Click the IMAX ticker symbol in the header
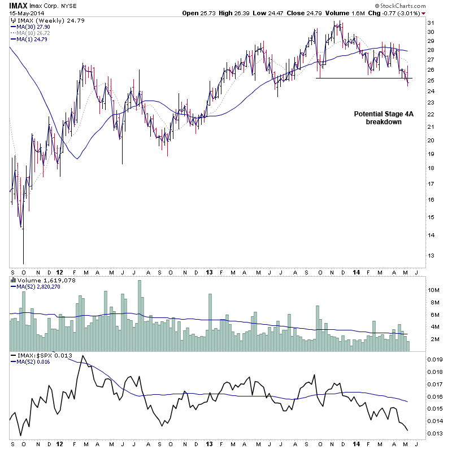click(19, 5)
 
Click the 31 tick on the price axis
click(431, 23)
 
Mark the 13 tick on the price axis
click(431, 255)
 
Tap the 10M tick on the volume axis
click(433, 290)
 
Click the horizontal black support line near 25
click(362, 78)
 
